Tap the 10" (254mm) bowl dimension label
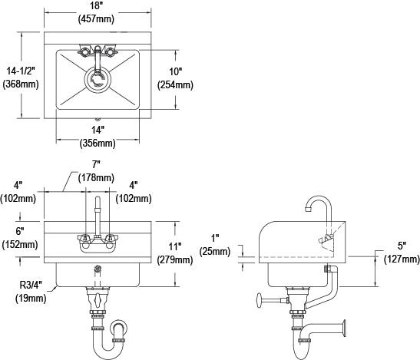[x=176, y=78]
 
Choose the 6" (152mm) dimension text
[x=19, y=238]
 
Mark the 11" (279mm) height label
[x=176, y=253]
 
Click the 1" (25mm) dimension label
[x=214, y=245]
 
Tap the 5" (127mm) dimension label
[x=402, y=253]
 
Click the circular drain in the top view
[x=98, y=79]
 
